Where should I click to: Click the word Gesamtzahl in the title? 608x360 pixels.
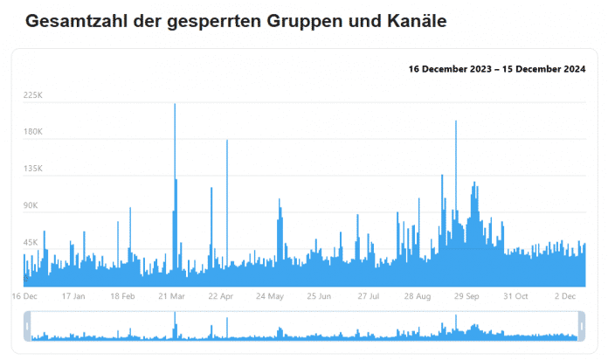pyautogui.click(x=74, y=20)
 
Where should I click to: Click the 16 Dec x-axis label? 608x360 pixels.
pyautogui.click(x=25, y=296)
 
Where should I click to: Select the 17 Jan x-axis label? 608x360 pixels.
pyautogui.click(x=73, y=296)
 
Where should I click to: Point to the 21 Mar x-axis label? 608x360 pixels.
pyautogui.click(x=172, y=296)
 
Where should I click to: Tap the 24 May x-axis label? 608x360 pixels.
pyautogui.click(x=270, y=296)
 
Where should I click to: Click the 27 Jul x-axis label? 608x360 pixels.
pyautogui.click(x=368, y=296)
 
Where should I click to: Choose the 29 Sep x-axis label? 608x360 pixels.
pyautogui.click(x=466, y=296)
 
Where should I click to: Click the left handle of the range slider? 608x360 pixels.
pyautogui.click(x=27, y=328)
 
